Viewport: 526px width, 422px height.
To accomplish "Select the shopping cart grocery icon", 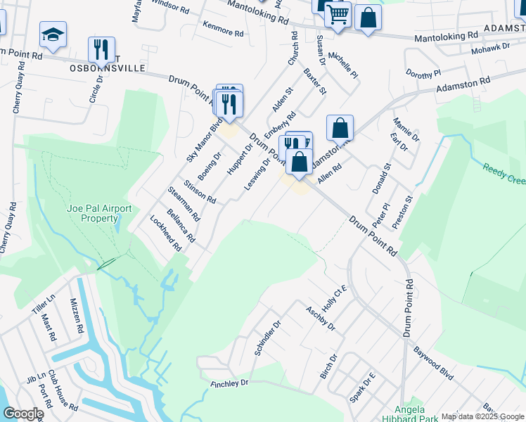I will pyautogui.click(x=338, y=13).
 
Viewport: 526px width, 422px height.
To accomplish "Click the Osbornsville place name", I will pyautogui.click(x=108, y=68).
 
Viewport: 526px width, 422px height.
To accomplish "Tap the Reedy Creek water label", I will pyautogui.click(x=503, y=174).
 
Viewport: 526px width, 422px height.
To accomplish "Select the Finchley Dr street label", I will pyautogui.click(x=230, y=383).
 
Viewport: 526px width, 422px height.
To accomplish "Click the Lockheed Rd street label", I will pyautogui.click(x=166, y=234).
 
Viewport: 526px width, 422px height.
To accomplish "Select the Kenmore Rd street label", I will pyautogui.click(x=222, y=33).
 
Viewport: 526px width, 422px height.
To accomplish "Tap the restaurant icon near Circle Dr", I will pyautogui.click(x=101, y=49).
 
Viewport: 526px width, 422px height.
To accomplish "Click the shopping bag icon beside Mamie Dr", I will pyautogui.click(x=340, y=128).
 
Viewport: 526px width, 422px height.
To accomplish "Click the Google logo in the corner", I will pyautogui.click(x=23, y=414).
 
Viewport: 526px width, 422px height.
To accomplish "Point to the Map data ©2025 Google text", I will pyautogui.click(x=482, y=416).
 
